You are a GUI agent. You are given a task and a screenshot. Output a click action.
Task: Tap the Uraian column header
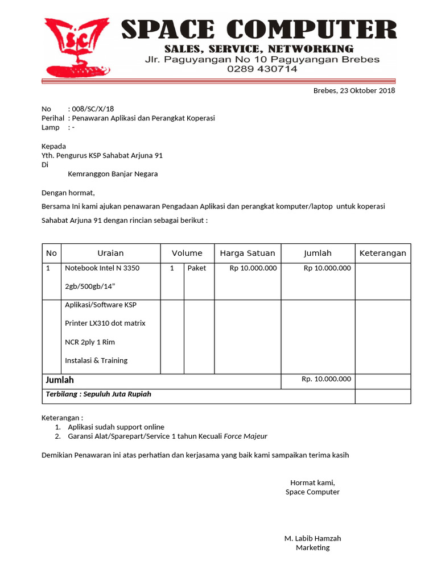(110, 253)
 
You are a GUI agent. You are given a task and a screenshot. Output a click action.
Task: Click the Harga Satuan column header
(247, 253)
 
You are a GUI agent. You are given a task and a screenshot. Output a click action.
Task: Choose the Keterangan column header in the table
(382, 253)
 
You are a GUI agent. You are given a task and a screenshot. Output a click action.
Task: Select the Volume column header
(187, 253)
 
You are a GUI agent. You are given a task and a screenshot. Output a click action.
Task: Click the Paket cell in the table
(197, 268)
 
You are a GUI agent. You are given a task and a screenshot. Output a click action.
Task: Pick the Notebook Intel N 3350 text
(102, 268)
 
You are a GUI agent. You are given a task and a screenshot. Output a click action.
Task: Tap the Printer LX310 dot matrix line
(105, 323)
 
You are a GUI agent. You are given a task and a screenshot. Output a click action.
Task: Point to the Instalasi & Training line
(96, 360)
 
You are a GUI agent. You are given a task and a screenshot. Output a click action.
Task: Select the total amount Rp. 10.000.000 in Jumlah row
(326, 379)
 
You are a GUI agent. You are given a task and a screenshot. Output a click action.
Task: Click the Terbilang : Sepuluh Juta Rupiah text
(98, 394)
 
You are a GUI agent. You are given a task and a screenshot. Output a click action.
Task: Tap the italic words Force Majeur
(245, 436)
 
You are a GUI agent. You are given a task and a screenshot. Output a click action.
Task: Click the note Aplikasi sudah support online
(116, 427)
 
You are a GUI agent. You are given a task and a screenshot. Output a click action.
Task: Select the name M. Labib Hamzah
(312, 538)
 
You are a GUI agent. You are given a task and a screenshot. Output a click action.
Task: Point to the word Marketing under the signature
(312, 548)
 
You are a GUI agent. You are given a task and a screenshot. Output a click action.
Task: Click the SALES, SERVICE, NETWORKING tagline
(259, 48)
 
